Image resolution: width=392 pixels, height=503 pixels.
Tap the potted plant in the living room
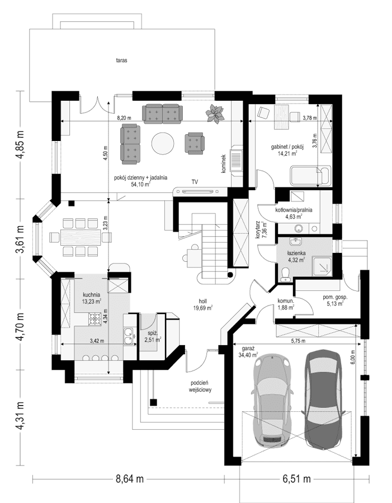tap(214, 113)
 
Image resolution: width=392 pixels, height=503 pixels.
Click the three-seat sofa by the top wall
tap(163, 113)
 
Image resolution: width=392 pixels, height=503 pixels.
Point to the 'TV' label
tap(195, 182)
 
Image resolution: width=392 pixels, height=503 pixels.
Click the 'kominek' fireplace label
tap(223, 163)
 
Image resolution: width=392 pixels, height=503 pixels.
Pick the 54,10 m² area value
tap(140, 184)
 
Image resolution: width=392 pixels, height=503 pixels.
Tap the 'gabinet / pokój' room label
tap(286, 148)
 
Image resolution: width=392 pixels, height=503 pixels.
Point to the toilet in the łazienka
tap(286, 272)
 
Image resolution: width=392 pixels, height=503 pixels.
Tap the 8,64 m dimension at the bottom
tap(130, 479)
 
